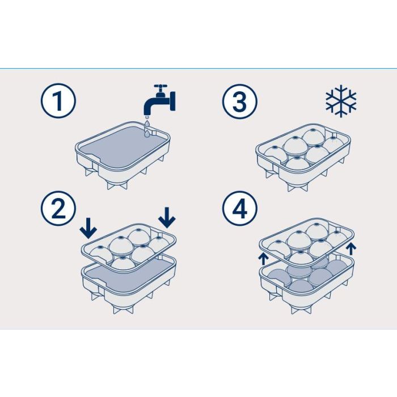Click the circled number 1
[58, 101]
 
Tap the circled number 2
[58, 208]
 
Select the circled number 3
[239, 102]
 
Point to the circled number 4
[239, 208]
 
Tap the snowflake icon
[341, 101]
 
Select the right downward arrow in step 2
[167, 217]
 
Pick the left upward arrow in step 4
[263, 260]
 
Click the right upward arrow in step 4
[351, 248]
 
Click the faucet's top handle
[161, 86]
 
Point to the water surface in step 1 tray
[124, 147]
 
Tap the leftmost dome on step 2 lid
[101, 254]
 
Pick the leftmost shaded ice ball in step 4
[278, 277]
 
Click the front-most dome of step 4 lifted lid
[300, 257]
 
